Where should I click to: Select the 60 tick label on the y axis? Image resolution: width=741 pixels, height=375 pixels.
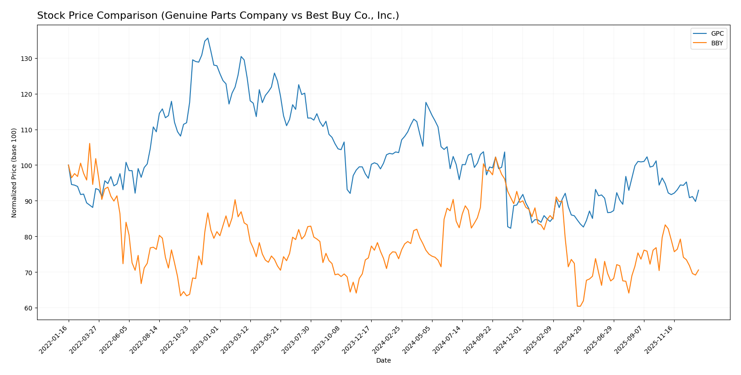29,308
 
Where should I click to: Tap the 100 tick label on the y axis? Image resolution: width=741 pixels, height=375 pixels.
27,165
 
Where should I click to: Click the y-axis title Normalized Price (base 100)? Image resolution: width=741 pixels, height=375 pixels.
14,173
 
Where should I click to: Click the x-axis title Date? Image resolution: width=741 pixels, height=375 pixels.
383,361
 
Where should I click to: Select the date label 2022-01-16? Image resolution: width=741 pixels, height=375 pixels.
54,340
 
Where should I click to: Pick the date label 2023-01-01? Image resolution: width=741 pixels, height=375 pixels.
206,340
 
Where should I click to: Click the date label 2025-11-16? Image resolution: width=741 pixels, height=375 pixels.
660,340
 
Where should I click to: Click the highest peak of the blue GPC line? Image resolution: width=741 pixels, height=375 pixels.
208,38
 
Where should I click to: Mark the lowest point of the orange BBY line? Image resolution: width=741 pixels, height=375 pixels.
578,306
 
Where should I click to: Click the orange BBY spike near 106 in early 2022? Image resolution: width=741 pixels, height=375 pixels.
90,143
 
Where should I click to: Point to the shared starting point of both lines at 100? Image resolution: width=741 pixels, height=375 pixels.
69,165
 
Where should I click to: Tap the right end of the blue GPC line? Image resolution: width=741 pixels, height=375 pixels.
698,190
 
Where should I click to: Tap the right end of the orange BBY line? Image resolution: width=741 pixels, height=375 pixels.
698,270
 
